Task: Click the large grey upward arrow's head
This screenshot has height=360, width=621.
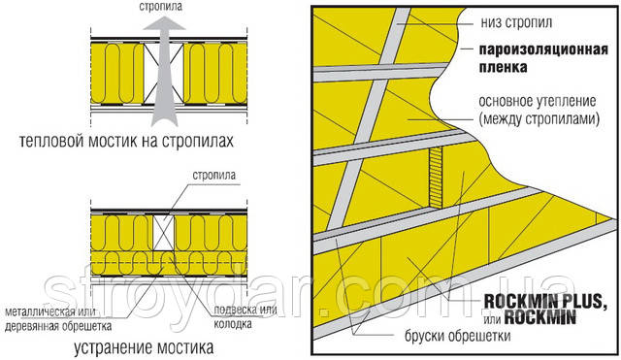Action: (x=164, y=23)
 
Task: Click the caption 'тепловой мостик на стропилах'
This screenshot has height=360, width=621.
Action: (x=126, y=141)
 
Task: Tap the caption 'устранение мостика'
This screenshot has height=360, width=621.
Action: (x=144, y=347)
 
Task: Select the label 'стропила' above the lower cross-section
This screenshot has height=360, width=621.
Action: (x=213, y=176)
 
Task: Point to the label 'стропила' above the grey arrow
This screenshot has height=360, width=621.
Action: (x=161, y=7)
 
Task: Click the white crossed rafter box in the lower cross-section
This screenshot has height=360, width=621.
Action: (x=164, y=233)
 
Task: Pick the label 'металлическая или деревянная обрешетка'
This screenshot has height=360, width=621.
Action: (x=58, y=319)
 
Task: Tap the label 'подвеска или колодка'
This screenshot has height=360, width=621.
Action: (x=245, y=317)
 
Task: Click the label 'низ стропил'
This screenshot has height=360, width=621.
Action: (x=516, y=22)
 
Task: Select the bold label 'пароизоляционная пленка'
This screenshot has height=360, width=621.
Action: (x=543, y=58)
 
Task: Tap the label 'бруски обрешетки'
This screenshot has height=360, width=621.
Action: (x=457, y=337)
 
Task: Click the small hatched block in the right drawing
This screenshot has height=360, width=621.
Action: (x=436, y=178)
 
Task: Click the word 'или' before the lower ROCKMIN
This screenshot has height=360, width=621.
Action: (x=492, y=319)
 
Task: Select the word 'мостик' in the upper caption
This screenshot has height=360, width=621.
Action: (x=113, y=141)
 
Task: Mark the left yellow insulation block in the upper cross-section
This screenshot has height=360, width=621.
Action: (x=117, y=74)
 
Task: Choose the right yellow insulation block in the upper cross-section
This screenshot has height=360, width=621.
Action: (x=215, y=74)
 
